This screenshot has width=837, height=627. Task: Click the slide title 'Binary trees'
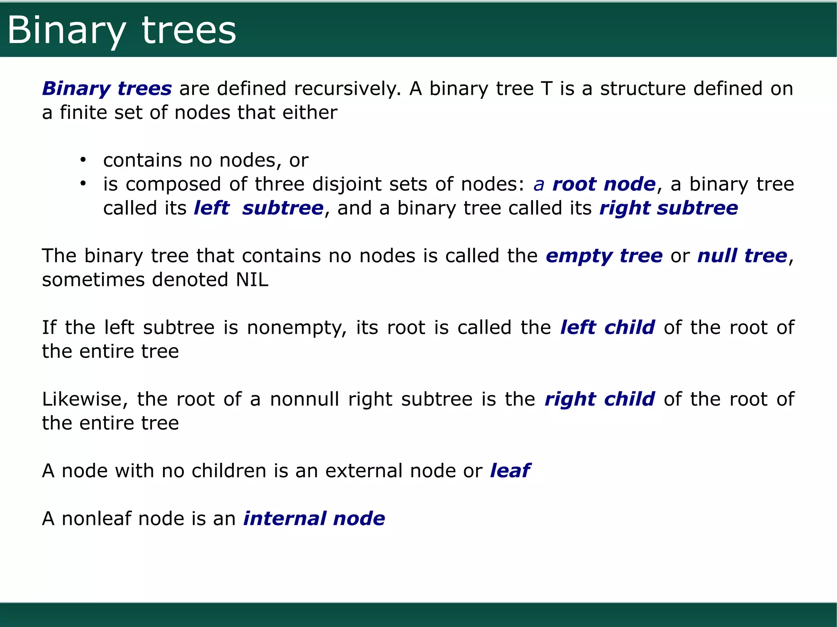pos(122,31)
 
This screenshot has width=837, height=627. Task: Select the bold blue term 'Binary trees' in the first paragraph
pos(107,89)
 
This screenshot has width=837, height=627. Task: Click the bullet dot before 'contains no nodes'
pos(83,160)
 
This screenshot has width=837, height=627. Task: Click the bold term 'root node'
pos(604,184)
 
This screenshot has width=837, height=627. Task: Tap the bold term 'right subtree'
pos(669,208)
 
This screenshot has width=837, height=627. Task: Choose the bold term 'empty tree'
pos(604,256)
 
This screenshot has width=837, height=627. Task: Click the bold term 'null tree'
pos(742,256)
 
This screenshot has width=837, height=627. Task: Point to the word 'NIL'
pos(252,280)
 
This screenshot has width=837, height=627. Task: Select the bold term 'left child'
pos(607,328)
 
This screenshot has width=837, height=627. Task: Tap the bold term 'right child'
pos(600,399)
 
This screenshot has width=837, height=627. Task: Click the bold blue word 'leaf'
pos(510,471)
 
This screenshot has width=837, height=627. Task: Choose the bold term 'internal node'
pos(314,519)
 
